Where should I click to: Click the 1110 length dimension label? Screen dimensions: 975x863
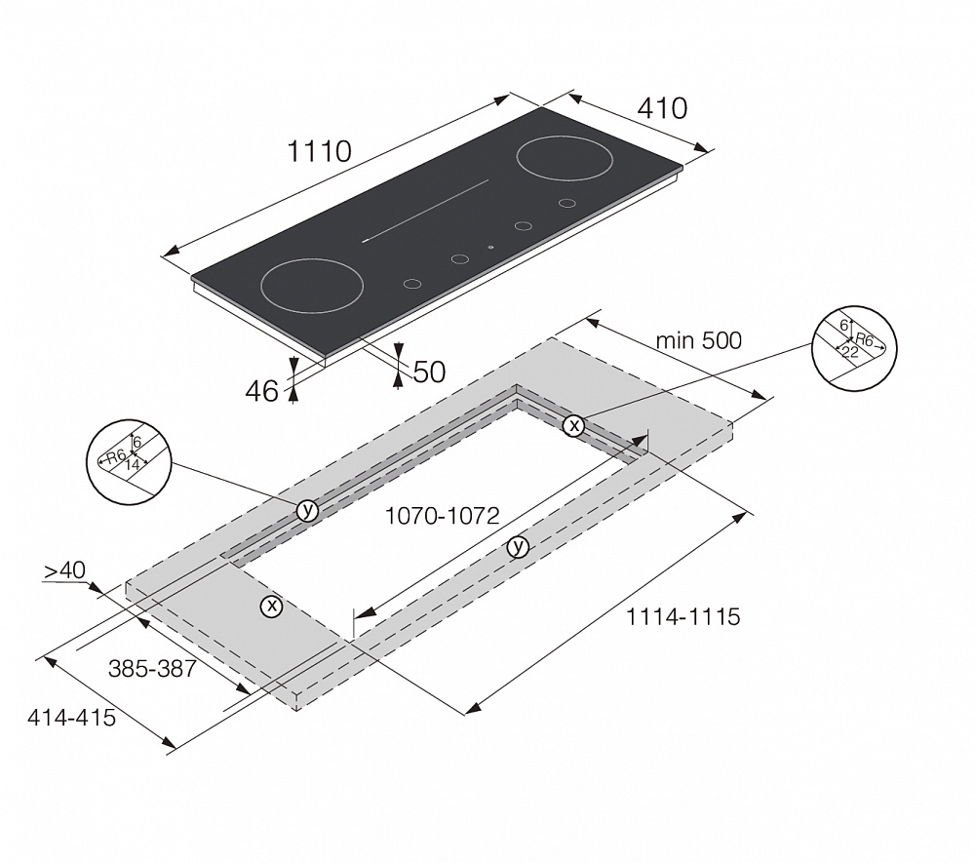(319, 151)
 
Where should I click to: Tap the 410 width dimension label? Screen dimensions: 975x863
(662, 108)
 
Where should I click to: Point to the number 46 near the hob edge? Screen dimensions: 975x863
(261, 391)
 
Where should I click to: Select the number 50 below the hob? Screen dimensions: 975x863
(430, 372)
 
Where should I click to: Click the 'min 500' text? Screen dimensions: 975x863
(699, 340)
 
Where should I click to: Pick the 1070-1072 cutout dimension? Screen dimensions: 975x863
(442, 516)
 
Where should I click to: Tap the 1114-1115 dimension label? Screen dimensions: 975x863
(682, 616)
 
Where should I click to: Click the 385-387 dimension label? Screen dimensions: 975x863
(152, 668)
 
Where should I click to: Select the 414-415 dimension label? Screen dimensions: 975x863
(71, 718)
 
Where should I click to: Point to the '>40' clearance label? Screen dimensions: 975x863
(64, 569)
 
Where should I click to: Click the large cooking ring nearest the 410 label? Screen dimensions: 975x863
(563, 158)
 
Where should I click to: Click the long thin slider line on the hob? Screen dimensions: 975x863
(425, 211)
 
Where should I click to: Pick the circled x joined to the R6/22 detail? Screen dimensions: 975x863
(573, 425)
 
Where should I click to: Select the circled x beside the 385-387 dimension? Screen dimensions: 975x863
(272, 607)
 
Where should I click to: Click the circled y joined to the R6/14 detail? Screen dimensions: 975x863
(307, 510)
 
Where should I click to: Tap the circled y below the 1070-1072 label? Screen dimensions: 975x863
(518, 547)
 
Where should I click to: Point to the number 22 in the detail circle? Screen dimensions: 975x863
(849, 352)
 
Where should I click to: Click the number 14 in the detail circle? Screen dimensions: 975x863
(133, 464)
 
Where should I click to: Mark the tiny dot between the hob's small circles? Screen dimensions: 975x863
(491, 247)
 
